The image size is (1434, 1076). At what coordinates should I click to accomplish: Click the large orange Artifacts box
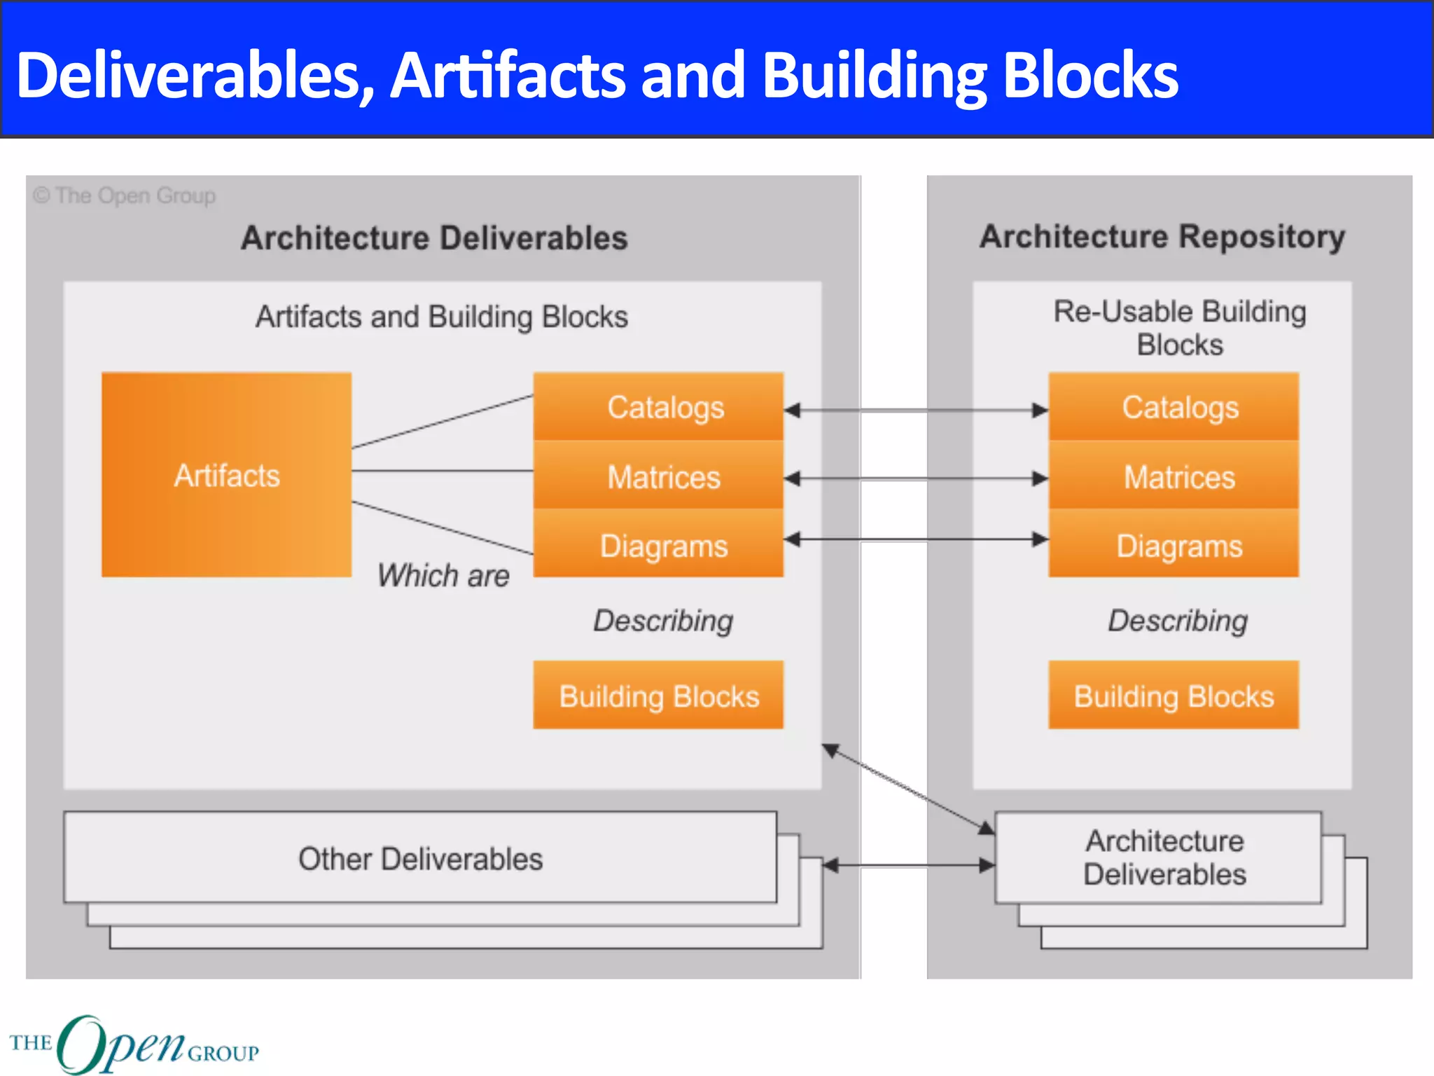pyautogui.click(x=226, y=475)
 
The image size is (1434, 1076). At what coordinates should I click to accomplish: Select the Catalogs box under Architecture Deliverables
pyautogui.click(x=658, y=407)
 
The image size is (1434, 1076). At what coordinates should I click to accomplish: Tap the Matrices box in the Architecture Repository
pyautogui.click(x=1174, y=476)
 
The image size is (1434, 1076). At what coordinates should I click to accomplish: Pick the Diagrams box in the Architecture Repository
pyautogui.click(x=1174, y=544)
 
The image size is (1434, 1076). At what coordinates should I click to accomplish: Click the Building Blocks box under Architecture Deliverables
pyautogui.click(x=658, y=695)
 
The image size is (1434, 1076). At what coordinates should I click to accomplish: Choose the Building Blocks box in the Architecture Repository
pyautogui.click(x=1174, y=695)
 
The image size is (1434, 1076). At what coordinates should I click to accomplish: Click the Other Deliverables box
pyautogui.click(x=420, y=858)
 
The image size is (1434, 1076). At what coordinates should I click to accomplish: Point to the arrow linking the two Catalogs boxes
pyautogui.click(x=916, y=411)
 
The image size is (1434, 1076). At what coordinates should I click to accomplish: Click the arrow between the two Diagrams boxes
pyautogui.click(x=916, y=539)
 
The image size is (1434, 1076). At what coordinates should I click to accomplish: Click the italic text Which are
pyautogui.click(x=443, y=576)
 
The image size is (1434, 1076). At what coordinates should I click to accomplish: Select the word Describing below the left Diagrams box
pyautogui.click(x=663, y=621)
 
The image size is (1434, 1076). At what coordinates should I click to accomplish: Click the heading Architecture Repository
pyautogui.click(x=1162, y=237)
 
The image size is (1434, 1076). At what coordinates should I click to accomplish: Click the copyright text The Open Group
pyautogui.click(x=125, y=195)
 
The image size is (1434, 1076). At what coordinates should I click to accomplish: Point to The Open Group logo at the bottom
pyautogui.click(x=133, y=1044)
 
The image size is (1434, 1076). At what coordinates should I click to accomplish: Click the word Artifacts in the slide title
pyautogui.click(x=508, y=76)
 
